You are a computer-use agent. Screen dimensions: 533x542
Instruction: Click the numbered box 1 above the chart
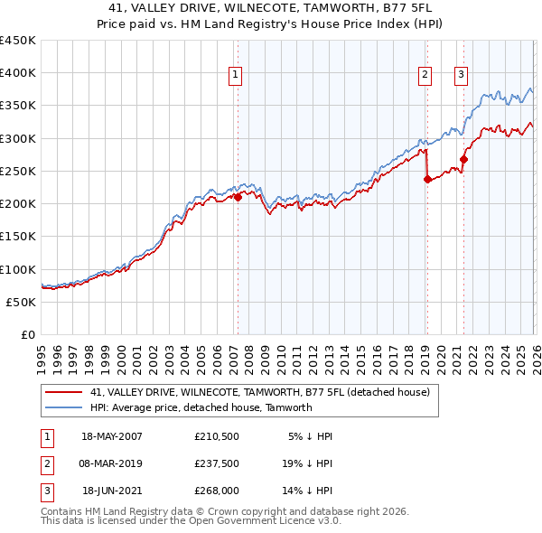click(x=235, y=75)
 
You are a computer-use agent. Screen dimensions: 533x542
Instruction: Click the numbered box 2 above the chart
click(x=424, y=75)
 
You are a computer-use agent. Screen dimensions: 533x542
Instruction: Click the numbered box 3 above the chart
click(x=461, y=75)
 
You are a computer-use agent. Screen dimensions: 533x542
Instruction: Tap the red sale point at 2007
click(x=238, y=197)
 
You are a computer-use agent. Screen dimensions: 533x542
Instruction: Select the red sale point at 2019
click(x=427, y=180)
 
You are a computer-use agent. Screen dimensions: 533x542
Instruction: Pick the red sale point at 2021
click(x=463, y=160)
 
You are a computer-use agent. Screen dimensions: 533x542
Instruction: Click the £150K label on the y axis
click(x=18, y=237)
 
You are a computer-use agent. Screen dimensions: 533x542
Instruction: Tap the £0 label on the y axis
click(x=27, y=334)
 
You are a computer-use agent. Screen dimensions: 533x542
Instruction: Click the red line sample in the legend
click(x=64, y=392)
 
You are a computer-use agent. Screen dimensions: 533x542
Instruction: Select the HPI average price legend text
click(x=201, y=407)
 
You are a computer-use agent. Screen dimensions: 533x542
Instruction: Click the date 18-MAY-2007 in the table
click(x=112, y=436)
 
